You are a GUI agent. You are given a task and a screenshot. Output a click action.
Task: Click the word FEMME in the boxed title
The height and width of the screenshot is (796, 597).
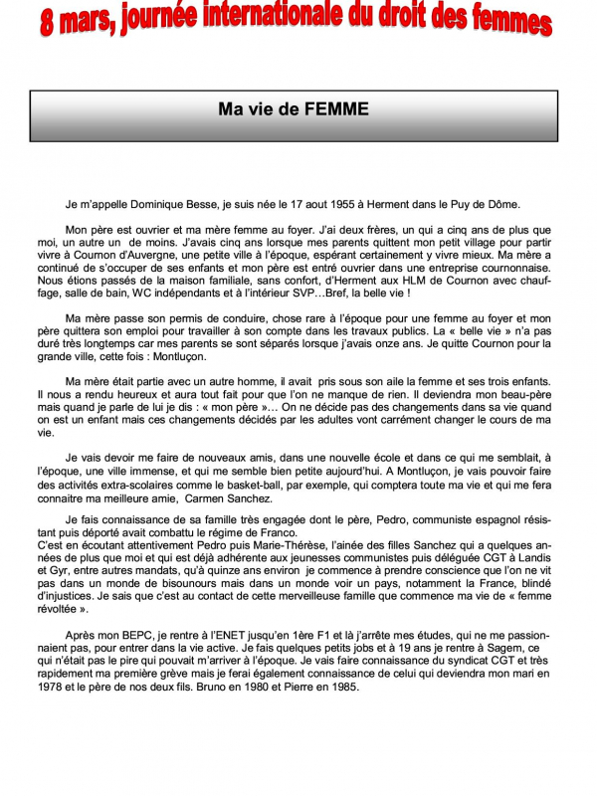click(336, 108)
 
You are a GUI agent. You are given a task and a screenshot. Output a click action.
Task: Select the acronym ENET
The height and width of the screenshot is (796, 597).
click(230, 639)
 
